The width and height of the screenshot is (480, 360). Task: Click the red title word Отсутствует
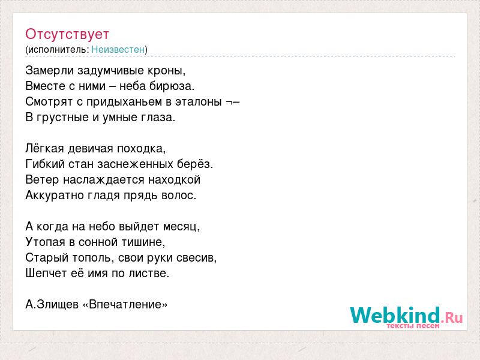[x=67, y=34]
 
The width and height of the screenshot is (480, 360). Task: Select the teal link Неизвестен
[x=118, y=50]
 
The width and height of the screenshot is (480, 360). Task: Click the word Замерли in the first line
[x=50, y=70]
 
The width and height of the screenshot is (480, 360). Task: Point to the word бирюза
[x=172, y=86]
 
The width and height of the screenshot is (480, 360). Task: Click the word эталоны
[x=199, y=102]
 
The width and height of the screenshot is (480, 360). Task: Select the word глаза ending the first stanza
[x=158, y=118]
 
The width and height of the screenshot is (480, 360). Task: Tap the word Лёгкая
[x=44, y=149]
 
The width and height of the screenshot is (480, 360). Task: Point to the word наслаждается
[x=104, y=180]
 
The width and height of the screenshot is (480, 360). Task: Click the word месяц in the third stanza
[x=182, y=227]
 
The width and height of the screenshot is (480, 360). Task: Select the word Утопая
[x=46, y=242]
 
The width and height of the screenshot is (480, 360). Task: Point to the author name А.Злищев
[x=52, y=305]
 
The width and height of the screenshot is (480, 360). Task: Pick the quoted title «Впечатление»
[x=125, y=305]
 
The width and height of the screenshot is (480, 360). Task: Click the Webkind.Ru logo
[x=406, y=316]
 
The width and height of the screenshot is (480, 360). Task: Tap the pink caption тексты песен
[x=413, y=326]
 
